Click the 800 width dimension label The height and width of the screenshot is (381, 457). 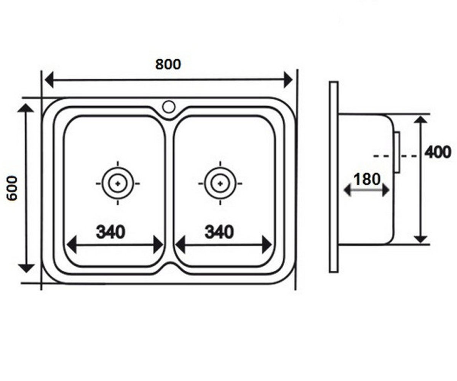(x=168, y=64)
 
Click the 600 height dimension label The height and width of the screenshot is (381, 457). (x=12, y=188)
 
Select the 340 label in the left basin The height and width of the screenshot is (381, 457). (x=110, y=232)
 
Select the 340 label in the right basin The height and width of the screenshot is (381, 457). (x=219, y=232)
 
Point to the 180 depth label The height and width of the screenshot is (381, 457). (x=367, y=179)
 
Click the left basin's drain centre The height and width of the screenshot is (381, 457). (x=118, y=184)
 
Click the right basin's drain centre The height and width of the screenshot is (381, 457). (x=220, y=184)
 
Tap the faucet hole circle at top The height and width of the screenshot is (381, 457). (x=169, y=107)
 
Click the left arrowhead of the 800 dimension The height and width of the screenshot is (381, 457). (x=49, y=80)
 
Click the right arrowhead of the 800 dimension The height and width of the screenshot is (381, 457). (x=288, y=79)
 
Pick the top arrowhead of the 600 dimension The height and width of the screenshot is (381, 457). (x=26, y=108)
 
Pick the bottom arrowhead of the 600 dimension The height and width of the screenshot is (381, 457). (x=26, y=268)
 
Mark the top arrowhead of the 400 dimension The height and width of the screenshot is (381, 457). (x=421, y=119)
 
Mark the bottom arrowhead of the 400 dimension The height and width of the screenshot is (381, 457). (x=421, y=239)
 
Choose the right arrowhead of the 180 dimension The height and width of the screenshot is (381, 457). (x=386, y=191)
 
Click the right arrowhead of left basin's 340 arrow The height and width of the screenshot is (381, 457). (x=158, y=245)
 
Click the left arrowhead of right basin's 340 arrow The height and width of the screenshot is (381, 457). (x=180, y=245)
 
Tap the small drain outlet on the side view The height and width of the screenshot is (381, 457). (x=397, y=152)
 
